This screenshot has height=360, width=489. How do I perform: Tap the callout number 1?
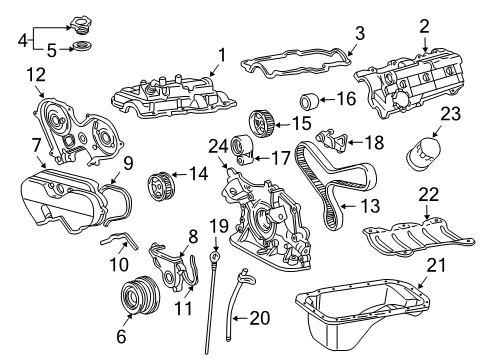(221, 55)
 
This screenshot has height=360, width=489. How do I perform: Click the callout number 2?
(424, 25)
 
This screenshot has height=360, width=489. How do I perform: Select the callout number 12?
(36, 75)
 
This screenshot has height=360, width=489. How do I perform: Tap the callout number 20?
(259, 317)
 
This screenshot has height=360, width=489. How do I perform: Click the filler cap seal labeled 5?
(83, 47)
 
